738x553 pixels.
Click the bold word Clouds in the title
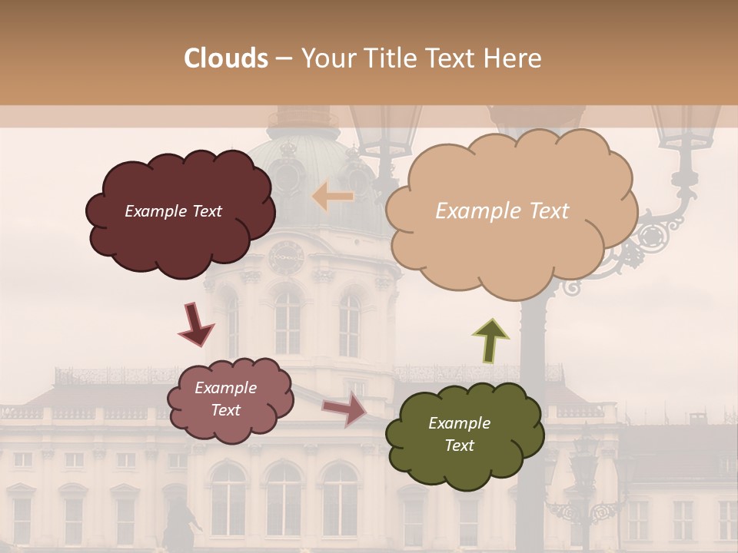click(227, 58)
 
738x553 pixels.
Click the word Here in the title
click(514, 58)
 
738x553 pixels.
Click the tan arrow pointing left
click(333, 197)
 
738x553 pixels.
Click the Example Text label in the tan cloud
click(502, 211)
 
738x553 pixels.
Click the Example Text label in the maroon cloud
click(173, 211)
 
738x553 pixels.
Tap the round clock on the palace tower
click(286, 257)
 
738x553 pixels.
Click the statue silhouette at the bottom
click(178, 522)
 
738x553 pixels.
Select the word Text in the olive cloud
click(459, 445)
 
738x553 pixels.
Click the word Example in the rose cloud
click(225, 388)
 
